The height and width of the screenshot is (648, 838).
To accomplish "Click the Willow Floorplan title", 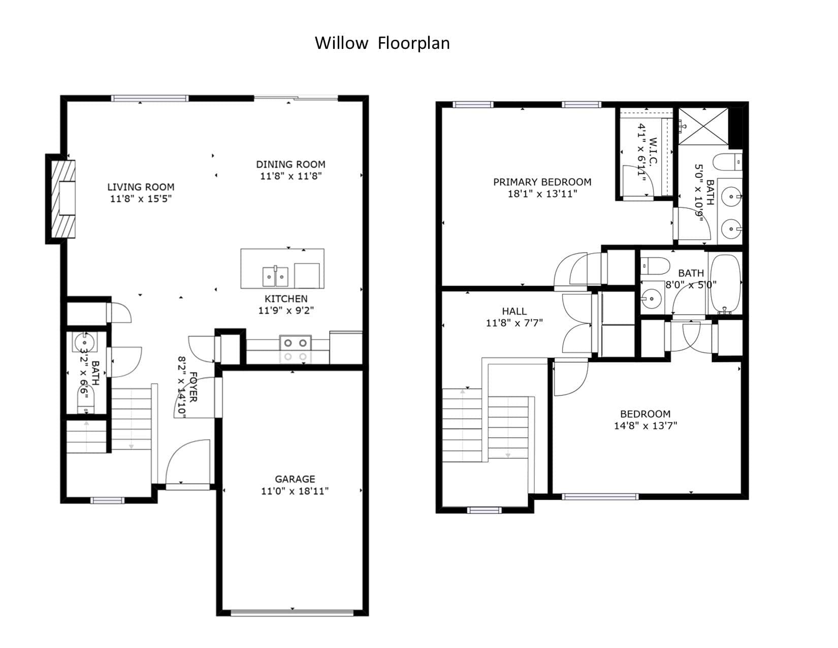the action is pos(382,43).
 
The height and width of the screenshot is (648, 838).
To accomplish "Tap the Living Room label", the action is pos(141,187).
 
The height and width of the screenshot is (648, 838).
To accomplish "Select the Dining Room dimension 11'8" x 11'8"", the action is pos(291,176).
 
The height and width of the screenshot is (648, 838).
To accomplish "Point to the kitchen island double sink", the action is pos(275,276).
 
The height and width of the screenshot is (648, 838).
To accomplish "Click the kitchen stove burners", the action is pos(296,349).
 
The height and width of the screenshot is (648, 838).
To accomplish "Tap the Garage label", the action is pos(295,479).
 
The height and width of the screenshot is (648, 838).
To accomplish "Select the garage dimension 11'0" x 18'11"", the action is pos(295,491).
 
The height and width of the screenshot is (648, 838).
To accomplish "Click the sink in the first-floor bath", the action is pos(84,342).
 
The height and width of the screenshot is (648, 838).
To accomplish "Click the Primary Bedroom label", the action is pos(542,182).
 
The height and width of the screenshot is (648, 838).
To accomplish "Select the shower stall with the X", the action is pos(703,127).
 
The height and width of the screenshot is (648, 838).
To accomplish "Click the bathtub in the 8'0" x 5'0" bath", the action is pos(725,284).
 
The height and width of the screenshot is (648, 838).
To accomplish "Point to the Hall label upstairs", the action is pos(514,311).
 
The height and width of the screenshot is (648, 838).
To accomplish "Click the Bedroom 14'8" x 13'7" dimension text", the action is pos(646,426).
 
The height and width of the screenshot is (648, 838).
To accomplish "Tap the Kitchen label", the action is pos(286,299).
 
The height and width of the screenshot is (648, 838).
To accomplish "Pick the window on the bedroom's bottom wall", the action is pos(600,497).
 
